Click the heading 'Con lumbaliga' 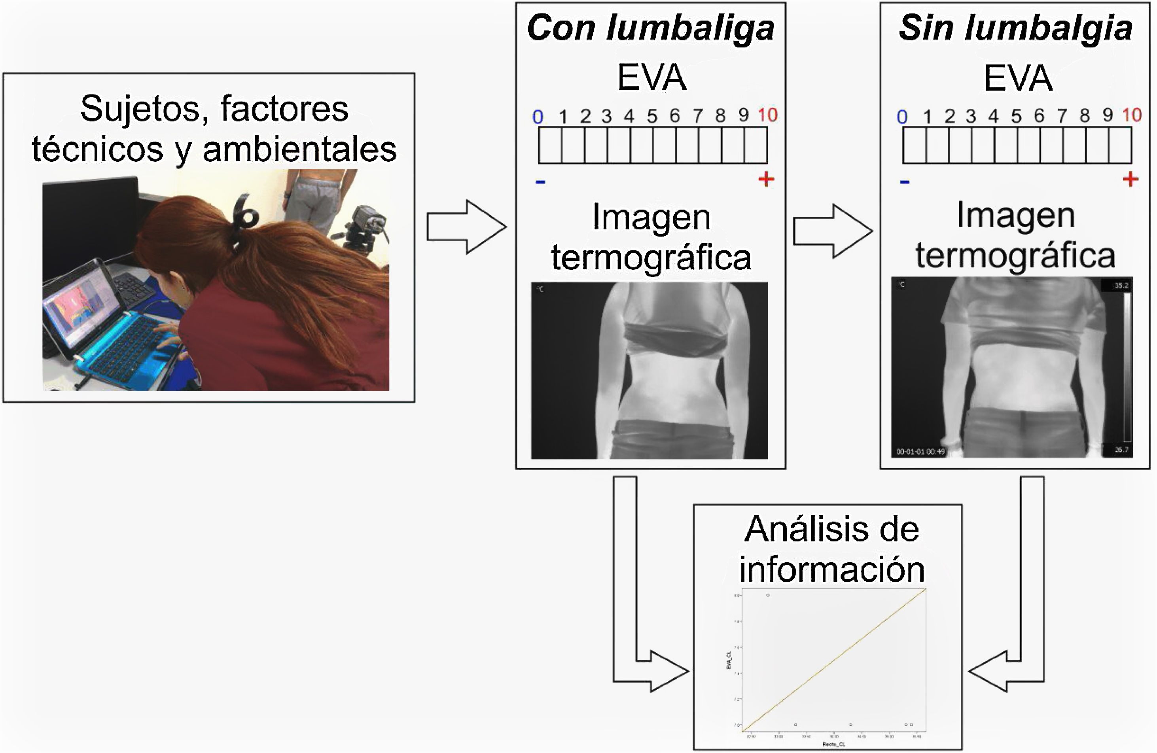650,28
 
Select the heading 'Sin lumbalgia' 1015,28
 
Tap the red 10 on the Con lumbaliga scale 767,115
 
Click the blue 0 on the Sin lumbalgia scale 902,117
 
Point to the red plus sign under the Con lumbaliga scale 766,180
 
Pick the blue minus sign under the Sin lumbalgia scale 904,182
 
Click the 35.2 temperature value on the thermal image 1121,286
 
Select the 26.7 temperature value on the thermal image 1121,450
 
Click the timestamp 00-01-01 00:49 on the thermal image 920,452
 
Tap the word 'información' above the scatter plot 831,570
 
